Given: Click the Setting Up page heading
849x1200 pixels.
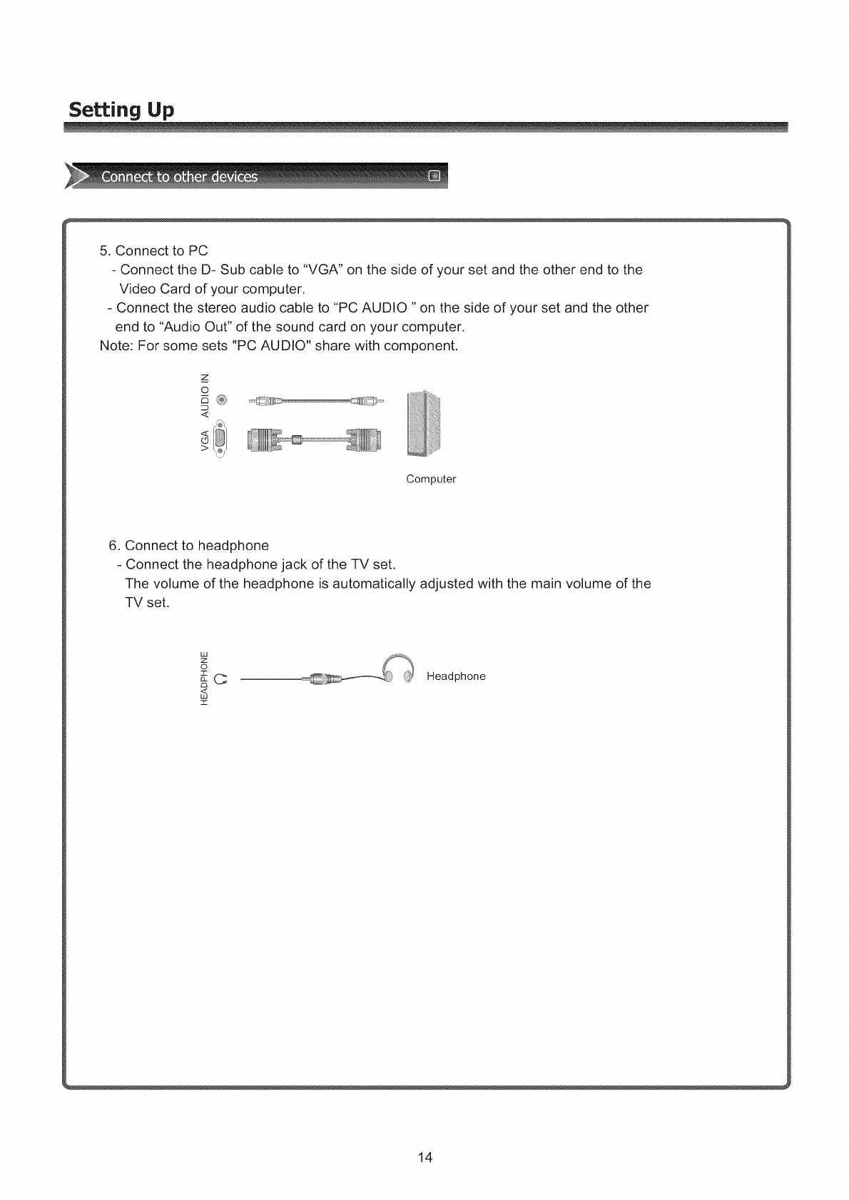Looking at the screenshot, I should pos(121,111).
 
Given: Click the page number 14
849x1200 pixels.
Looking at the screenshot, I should pos(425,1157).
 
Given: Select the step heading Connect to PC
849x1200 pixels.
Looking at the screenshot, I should pos(153,250).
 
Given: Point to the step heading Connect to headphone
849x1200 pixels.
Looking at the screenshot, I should pos(188,546).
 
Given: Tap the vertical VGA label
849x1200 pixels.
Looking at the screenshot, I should pos(205,441).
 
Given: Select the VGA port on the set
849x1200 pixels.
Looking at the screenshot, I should pos(221,440).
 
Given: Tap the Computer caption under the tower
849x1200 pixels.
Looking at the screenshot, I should pos(431,479).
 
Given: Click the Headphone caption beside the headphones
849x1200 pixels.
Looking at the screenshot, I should pos(456,676).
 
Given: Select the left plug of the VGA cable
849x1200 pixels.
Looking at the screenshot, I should pos(265,441).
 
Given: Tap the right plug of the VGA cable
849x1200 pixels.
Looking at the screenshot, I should pos(365,441).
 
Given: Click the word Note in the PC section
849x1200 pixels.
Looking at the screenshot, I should pos(113,346).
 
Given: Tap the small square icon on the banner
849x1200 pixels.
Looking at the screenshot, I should pos(435,176).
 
